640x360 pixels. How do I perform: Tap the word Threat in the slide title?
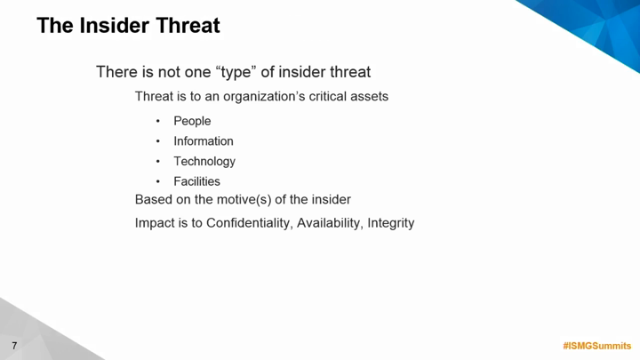tap(188, 25)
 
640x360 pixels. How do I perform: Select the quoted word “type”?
tap(235, 73)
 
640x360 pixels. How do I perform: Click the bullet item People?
tap(192, 121)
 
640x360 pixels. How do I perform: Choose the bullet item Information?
tap(204, 141)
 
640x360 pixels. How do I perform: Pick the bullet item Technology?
tap(204, 162)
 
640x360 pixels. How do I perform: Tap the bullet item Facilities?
tap(196, 181)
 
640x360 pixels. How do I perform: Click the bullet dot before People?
tap(158, 121)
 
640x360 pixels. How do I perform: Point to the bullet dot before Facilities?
tap(158, 181)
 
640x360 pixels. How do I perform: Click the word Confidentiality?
tap(250, 223)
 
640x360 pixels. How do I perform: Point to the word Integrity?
tap(391, 223)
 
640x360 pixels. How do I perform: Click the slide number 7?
tap(15, 346)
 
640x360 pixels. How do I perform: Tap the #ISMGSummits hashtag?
tap(597, 346)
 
